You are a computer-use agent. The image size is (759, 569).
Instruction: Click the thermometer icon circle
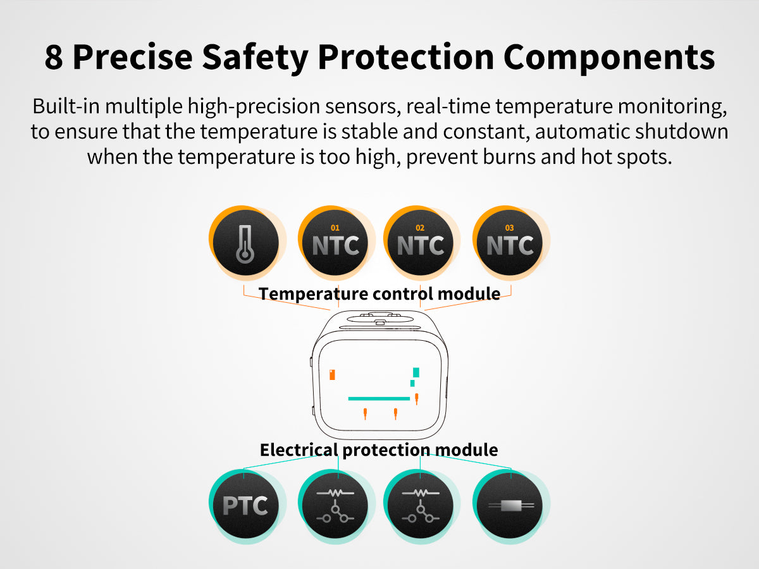coord(245,243)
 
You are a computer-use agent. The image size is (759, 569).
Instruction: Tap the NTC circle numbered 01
coord(335,243)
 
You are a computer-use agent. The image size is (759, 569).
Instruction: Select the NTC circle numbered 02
coord(420,243)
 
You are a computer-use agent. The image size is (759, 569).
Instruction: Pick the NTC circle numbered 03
coord(509,243)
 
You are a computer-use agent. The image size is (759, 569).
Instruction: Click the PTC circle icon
coord(245,505)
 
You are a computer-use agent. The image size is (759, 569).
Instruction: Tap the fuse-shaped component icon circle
coord(509,505)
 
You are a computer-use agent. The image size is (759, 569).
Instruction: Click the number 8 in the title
coord(54,58)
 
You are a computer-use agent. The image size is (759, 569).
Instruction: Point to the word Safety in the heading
coord(255,58)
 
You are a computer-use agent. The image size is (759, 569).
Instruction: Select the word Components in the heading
coord(609,58)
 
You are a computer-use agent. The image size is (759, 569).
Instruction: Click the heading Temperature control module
coord(379,294)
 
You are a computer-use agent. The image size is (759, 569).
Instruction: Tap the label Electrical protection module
coord(379,450)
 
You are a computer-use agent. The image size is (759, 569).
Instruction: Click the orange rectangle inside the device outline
coord(332,374)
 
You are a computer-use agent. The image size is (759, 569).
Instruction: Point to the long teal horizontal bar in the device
coord(379,399)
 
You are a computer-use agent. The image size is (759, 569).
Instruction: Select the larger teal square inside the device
coord(416,372)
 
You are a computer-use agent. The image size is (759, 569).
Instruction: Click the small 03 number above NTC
coord(509,228)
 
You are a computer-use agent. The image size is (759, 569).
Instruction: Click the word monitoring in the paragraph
coord(672,107)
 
